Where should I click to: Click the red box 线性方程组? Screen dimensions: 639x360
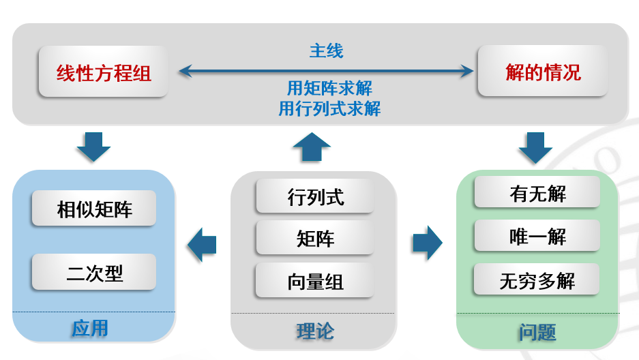[x=104, y=72]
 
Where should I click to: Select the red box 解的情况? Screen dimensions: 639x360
[x=543, y=71]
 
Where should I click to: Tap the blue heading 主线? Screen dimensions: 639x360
[x=327, y=51]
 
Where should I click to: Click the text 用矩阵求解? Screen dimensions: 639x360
[x=329, y=88]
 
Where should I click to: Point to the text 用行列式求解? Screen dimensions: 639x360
[x=329, y=108]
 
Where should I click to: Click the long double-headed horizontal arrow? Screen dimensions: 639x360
[x=326, y=72]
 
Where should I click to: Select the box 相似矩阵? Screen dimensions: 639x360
[x=94, y=208]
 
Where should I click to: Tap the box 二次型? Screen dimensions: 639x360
[x=94, y=272]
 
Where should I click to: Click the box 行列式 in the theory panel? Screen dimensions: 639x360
[x=315, y=196]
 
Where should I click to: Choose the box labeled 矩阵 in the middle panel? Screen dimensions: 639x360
[x=315, y=238]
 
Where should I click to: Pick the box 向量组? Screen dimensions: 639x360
[x=315, y=280]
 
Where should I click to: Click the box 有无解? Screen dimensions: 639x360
[x=537, y=192]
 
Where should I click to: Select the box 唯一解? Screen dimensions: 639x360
[x=537, y=235]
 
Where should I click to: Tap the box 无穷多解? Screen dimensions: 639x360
[x=537, y=280]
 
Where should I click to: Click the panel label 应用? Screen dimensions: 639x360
[x=90, y=328]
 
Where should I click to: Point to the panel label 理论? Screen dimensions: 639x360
[x=315, y=331]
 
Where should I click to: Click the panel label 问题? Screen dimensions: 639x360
[x=537, y=332]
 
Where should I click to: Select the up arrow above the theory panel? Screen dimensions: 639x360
[x=312, y=147]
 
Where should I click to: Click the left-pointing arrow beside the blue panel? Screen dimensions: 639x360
[x=202, y=244]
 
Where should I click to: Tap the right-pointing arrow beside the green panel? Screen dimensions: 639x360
[x=428, y=243]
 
